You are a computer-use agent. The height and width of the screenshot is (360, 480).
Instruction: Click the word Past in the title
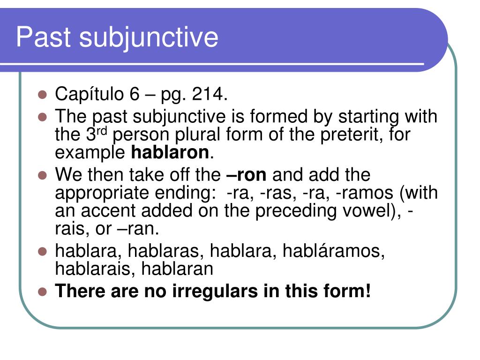coord(43,37)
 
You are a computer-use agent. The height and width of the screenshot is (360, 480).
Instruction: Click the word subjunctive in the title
coord(148,37)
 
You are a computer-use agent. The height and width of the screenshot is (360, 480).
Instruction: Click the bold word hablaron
coord(169,152)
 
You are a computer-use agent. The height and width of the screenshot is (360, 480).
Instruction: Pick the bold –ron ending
coord(246,175)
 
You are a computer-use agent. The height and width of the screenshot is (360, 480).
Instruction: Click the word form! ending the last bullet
coord(348,292)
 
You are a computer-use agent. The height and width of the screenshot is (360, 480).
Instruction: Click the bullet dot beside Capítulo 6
coord(43,95)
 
